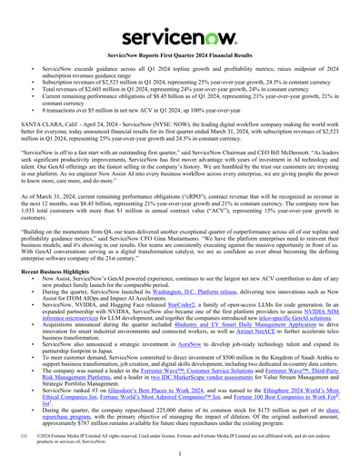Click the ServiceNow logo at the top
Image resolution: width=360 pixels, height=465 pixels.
point(179,18)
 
